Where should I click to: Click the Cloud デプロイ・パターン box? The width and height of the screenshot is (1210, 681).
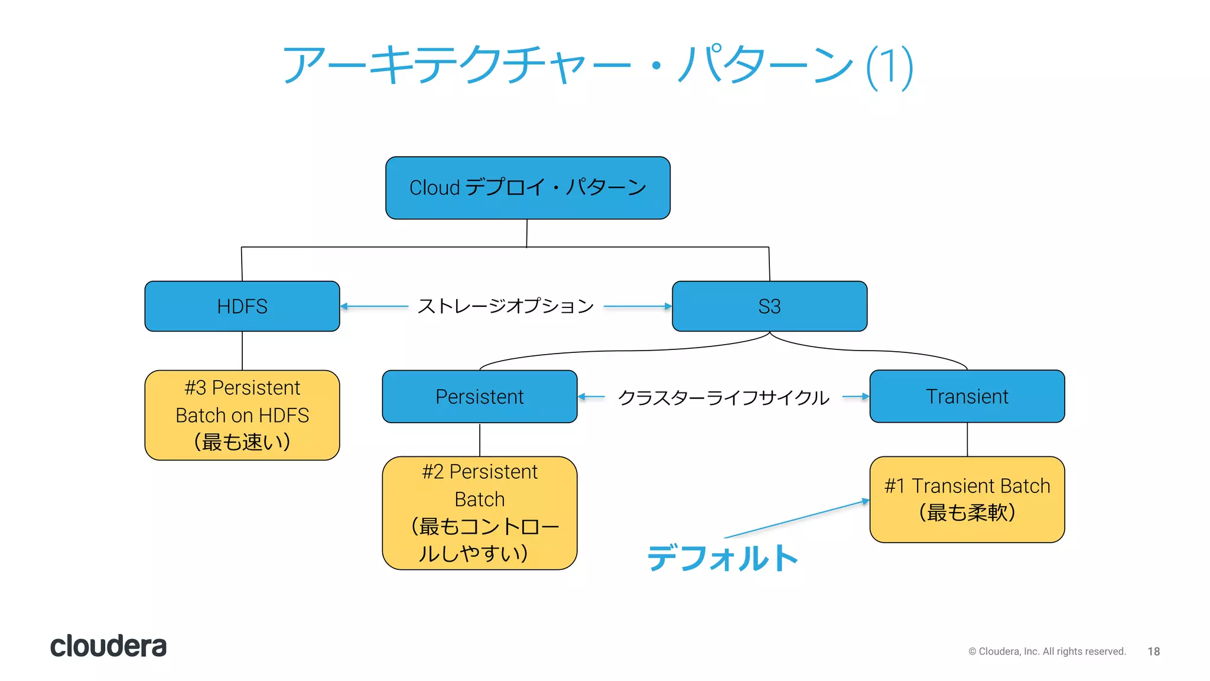click(527, 188)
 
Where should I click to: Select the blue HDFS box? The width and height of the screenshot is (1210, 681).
click(242, 306)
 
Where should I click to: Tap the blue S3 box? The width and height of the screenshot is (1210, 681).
click(769, 306)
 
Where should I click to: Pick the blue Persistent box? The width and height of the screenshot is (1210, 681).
click(479, 397)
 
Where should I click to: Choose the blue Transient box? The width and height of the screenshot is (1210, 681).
click(967, 397)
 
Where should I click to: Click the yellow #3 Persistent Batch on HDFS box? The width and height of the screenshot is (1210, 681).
click(242, 415)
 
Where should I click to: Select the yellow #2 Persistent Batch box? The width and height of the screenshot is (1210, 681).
click(479, 513)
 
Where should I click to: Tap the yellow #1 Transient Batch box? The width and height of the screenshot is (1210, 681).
click(967, 500)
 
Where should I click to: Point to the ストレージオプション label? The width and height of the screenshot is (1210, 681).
click(506, 306)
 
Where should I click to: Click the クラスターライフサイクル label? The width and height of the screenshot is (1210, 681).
click(723, 397)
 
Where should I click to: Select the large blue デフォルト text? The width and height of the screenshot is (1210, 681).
click(722, 558)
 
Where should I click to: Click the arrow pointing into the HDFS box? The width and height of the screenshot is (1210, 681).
click(375, 306)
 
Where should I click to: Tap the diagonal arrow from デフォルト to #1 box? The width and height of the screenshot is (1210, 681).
click(796, 519)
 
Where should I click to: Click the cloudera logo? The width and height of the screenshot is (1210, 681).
click(108, 646)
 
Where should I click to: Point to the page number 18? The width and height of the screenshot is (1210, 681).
click(1153, 651)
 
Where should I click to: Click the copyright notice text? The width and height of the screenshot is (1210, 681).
click(1047, 651)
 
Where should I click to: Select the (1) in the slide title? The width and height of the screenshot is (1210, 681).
click(890, 67)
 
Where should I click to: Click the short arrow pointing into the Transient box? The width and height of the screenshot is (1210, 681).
click(856, 397)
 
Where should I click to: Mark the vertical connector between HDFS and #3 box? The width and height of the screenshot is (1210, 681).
click(242, 351)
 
